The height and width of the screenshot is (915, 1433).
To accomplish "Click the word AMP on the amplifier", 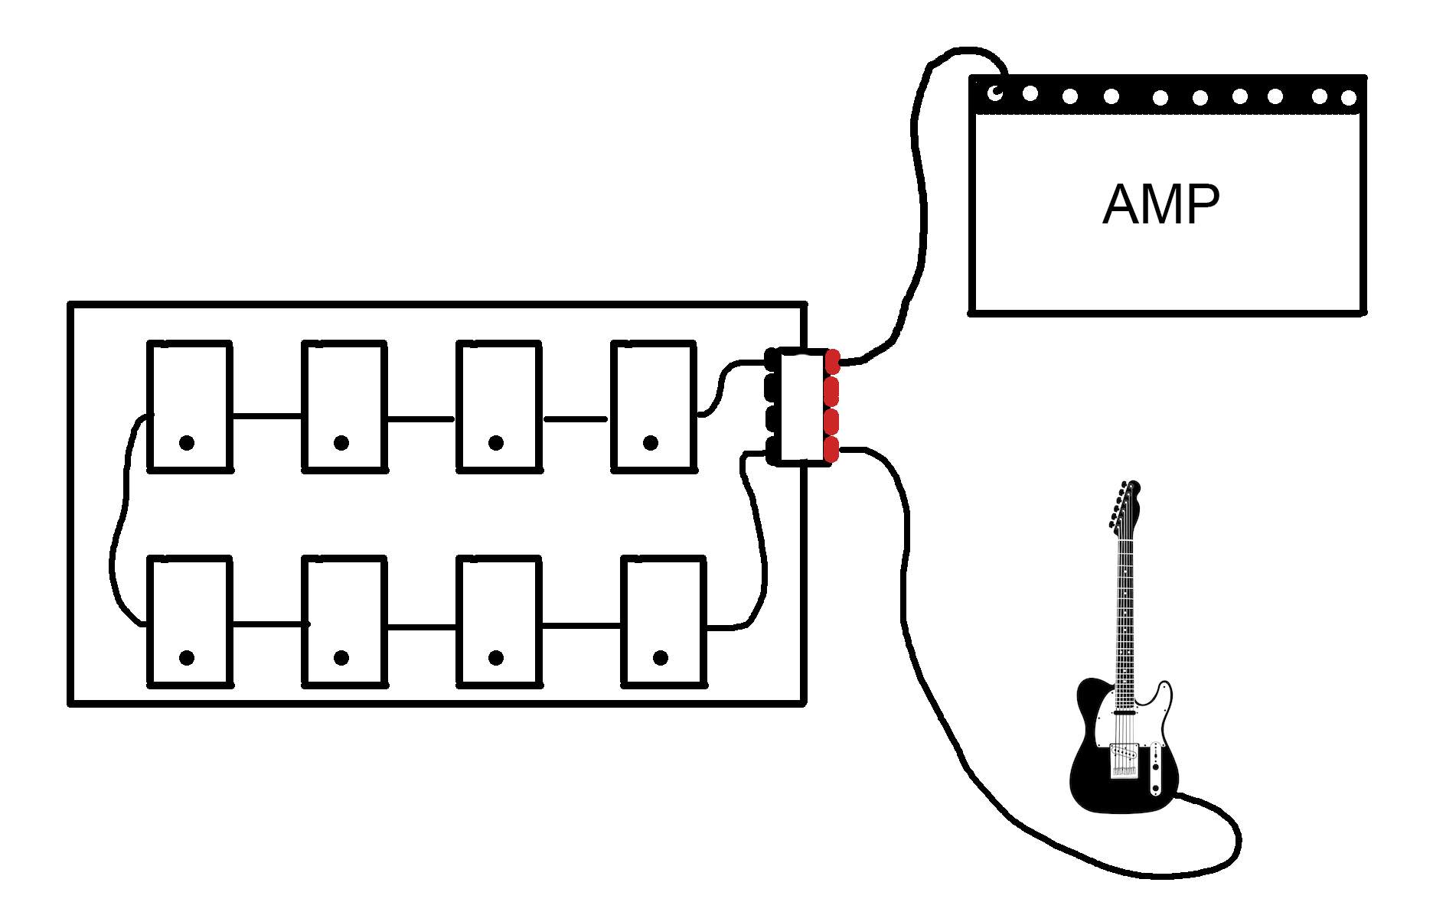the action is [x=1160, y=204].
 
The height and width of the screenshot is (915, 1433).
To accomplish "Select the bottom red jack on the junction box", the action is [x=831, y=451].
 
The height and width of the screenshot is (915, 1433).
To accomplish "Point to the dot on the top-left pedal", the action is [x=187, y=442].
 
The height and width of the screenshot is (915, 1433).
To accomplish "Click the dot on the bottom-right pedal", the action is [x=661, y=657].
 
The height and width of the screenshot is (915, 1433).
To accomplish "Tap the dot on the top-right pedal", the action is [x=651, y=442].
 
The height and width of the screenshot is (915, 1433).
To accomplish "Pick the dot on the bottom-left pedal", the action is [x=187, y=657].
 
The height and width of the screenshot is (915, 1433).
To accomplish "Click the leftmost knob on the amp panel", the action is [x=995, y=93].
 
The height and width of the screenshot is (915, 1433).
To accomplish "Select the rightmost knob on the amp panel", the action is [x=1349, y=98].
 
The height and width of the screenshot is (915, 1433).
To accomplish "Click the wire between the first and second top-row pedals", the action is [x=267, y=417].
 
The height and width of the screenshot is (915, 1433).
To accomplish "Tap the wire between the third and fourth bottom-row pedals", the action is [x=582, y=627].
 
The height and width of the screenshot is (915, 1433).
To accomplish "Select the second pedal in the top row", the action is [x=344, y=405].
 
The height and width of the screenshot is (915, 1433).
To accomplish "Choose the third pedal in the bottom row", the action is [x=498, y=621].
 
